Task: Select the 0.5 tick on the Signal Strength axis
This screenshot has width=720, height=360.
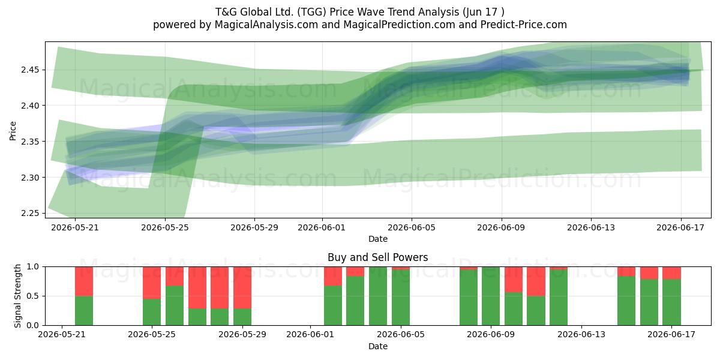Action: click(x=33, y=296)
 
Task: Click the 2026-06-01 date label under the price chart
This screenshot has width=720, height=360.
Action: click(x=322, y=227)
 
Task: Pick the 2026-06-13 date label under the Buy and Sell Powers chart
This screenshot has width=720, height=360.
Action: click(x=581, y=334)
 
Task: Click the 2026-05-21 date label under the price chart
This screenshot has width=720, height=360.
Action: click(x=75, y=227)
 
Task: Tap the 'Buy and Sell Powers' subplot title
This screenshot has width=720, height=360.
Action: click(x=377, y=257)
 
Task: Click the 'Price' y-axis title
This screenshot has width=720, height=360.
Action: click(x=13, y=131)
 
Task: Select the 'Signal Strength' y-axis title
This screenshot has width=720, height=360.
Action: click(x=17, y=296)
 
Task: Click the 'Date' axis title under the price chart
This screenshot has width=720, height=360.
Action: click(x=377, y=239)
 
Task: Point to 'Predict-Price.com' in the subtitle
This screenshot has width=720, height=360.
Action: click(x=523, y=25)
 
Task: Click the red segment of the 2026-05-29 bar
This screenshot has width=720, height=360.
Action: click(x=242, y=287)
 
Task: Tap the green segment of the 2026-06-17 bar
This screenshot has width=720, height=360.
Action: click(x=671, y=302)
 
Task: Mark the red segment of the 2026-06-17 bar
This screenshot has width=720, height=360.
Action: click(x=671, y=273)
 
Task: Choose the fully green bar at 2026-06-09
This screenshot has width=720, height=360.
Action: click(x=491, y=296)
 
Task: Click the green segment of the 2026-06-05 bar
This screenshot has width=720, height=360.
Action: click(x=401, y=298)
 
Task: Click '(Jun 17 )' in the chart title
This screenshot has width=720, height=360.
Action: click(x=484, y=12)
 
